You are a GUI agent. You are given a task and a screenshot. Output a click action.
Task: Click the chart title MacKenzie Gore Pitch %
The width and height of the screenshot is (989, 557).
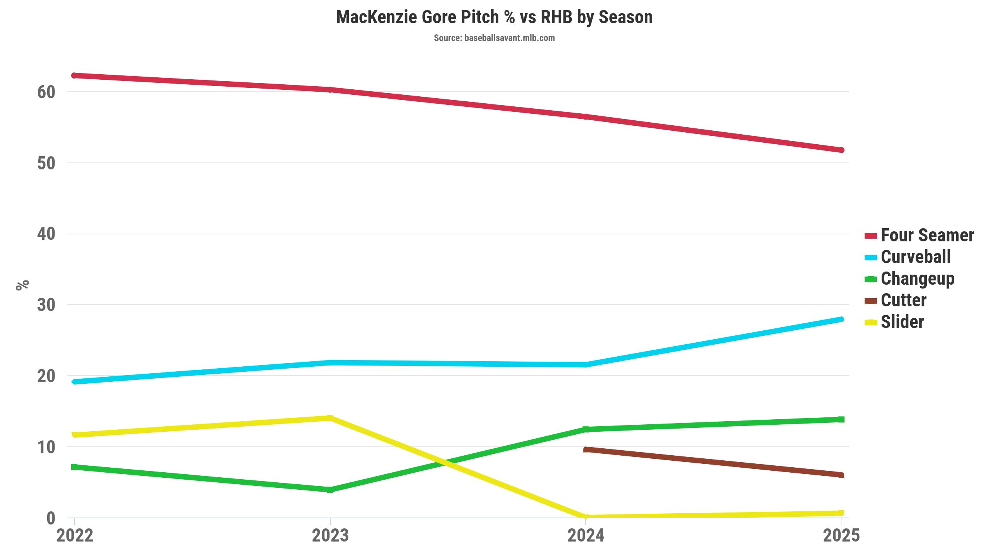(x=494, y=17)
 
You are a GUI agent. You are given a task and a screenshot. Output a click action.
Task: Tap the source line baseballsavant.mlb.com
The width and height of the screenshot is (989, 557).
(x=494, y=38)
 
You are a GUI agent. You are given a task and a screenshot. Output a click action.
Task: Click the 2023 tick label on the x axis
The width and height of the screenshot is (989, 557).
(x=330, y=536)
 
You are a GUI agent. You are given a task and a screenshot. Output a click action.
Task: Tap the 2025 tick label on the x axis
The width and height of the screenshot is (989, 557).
(x=841, y=536)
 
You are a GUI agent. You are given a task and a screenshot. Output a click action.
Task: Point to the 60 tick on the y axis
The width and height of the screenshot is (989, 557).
(x=46, y=92)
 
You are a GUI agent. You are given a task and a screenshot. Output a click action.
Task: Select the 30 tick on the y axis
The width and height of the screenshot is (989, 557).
(x=46, y=305)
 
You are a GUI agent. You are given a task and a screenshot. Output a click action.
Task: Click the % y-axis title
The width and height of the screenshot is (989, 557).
(x=22, y=285)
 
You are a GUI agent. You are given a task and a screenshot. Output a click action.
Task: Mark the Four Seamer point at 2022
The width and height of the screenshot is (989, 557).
(x=75, y=75)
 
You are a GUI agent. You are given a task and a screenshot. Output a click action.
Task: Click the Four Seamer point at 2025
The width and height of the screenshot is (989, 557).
(x=841, y=150)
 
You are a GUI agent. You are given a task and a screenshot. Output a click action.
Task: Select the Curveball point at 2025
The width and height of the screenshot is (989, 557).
(x=841, y=319)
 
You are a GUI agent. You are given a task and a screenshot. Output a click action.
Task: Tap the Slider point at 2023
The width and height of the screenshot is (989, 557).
(x=330, y=418)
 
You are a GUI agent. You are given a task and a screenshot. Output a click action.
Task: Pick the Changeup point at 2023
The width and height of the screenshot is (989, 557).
(x=330, y=490)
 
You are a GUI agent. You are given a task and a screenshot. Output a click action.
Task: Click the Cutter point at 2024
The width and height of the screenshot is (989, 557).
(x=586, y=449)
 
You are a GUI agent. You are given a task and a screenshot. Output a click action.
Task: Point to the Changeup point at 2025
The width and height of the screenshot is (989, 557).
(x=841, y=419)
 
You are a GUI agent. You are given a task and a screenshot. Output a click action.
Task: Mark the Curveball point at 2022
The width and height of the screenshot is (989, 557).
(x=75, y=382)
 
